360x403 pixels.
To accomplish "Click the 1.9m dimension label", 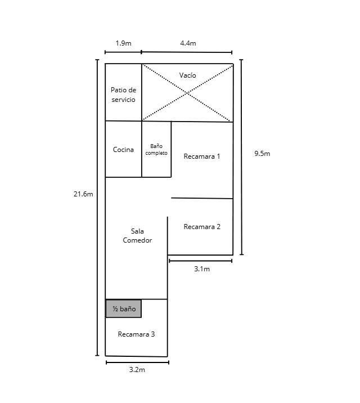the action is click(123, 43).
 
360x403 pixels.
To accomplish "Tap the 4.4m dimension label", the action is click(188, 43).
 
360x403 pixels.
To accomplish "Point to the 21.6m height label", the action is click(83, 194).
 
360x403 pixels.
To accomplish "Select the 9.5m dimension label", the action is click(262, 154).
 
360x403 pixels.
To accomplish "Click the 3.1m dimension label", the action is click(202, 269).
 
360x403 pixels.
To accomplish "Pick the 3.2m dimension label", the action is click(137, 370).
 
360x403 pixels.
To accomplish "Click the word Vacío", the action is click(188, 75).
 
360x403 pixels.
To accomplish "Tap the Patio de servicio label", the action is click(124, 95).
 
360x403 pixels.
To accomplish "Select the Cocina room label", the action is click(123, 150).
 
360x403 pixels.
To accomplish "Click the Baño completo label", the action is click(156, 150).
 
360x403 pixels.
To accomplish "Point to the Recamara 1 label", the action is click(202, 156).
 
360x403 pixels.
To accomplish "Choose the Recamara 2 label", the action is click(202, 227).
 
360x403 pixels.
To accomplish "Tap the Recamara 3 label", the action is click(136, 334).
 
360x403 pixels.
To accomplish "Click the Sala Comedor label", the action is click(137, 236).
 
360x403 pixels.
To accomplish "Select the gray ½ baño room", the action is click(124, 308).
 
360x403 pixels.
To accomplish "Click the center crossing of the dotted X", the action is click(187, 93).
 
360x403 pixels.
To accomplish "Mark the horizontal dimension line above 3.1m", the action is click(201, 261).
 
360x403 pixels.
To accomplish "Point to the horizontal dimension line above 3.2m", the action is click(137, 362).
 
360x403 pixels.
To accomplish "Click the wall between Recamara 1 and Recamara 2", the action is click(202, 198).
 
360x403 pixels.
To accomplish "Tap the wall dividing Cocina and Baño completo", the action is click(142, 149).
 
